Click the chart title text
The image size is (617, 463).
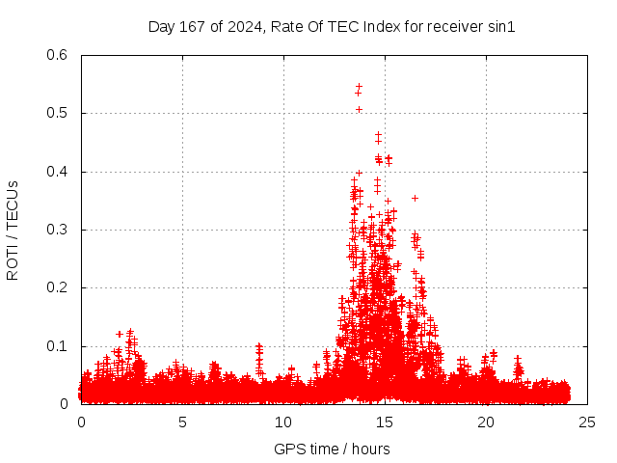tap(332, 27)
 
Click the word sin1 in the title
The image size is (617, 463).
tap(501, 27)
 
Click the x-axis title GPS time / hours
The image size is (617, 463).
tap(332, 449)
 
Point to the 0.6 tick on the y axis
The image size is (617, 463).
tap(59, 55)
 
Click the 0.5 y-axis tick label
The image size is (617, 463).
tap(59, 113)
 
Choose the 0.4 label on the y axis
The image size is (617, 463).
tap(59, 172)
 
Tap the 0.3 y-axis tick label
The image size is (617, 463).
tap(59, 230)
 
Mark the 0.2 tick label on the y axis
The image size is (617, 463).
tap(59, 288)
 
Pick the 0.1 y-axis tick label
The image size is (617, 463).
tap(59, 346)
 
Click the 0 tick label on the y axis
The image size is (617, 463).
tap(67, 404)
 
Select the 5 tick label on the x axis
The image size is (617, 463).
tap(182, 422)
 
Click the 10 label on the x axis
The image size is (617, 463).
tap(283, 422)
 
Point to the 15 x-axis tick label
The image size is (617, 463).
tap(385, 422)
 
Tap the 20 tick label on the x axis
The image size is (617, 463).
tap(486, 422)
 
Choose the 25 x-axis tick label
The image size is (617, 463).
tap(587, 422)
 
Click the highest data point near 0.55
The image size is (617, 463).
tap(359, 86)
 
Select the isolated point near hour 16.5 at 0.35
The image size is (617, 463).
tap(415, 198)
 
